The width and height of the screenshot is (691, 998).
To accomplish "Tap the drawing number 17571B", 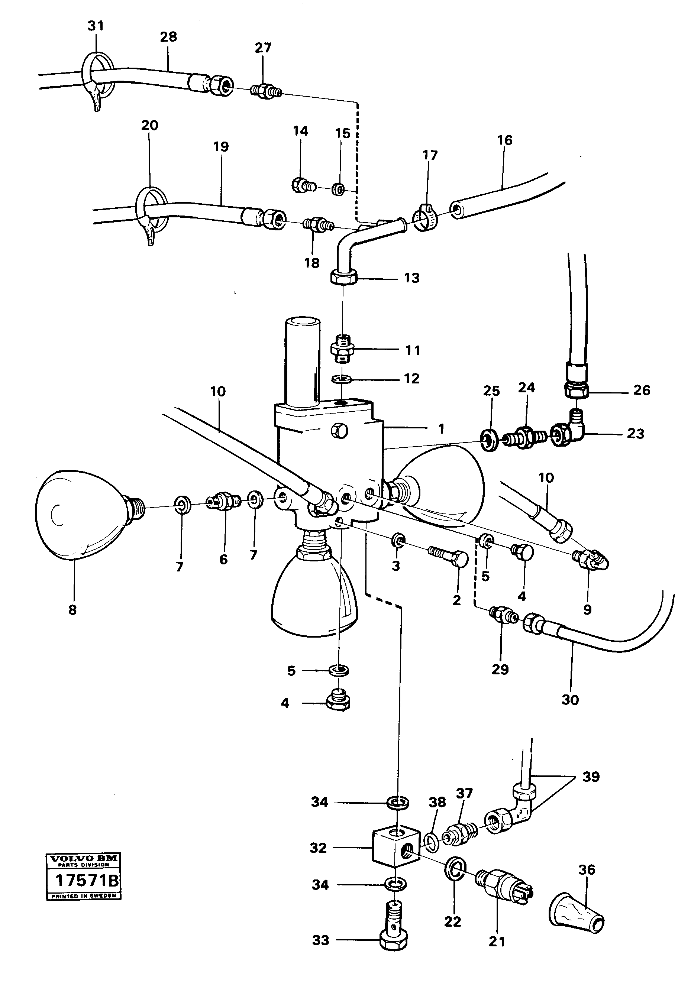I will pos(84,880).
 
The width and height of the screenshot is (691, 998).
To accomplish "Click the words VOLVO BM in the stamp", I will pos(84,859).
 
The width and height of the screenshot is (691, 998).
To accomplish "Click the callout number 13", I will pos(412,278).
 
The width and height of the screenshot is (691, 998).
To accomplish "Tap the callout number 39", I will pos(591,777).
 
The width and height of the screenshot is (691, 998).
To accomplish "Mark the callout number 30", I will pos(570,700).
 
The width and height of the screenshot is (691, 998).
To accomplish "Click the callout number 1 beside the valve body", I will pos(441,429).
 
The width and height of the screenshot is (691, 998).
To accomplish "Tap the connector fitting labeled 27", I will pos(265,91).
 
